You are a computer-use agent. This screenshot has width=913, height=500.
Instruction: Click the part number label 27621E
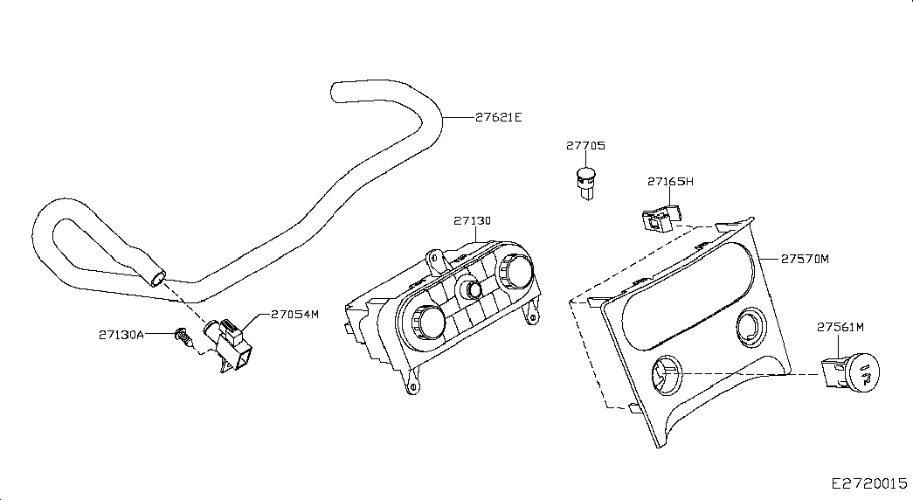click(x=498, y=117)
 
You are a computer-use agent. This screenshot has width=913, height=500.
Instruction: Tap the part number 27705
click(x=585, y=146)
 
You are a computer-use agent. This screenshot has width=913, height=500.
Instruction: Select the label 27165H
click(x=670, y=181)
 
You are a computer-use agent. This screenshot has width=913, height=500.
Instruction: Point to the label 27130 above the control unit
click(x=472, y=221)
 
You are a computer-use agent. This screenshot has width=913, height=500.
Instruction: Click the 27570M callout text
click(x=805, y=259)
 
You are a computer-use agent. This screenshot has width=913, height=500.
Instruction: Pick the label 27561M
click(x=840, y=328)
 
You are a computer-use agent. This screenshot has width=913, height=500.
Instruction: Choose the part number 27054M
click(x=295, y=314)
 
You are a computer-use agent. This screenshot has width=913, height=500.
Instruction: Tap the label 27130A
click(x=121, y=335)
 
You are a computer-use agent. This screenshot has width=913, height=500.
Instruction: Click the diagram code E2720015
click(x=868, y=483)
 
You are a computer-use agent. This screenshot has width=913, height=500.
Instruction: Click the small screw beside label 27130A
click(x=183, y=337)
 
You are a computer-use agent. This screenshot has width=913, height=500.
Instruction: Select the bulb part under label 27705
click(x=585, y=183)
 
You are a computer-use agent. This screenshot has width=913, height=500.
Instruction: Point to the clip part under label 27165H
click(x=661, y=218)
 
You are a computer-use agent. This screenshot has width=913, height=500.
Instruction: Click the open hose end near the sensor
click(x=157, y=279)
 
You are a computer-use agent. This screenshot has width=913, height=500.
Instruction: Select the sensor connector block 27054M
click(x=230, y=344)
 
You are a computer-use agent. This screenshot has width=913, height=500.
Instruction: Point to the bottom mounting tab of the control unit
click(x=412, y=385)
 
